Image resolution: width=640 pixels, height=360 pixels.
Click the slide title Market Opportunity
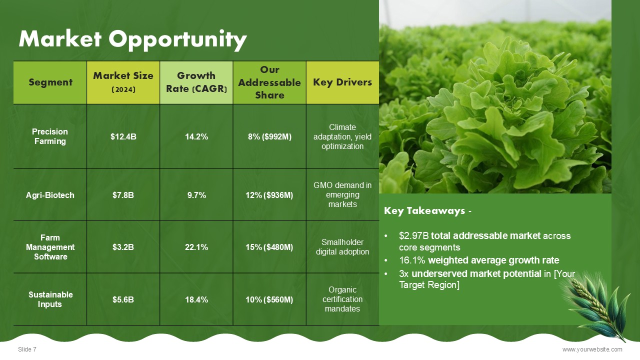(x=133, y=39)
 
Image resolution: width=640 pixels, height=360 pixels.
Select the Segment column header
(x=50, y=82)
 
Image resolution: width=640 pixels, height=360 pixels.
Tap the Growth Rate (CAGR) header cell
(x=196, y=82)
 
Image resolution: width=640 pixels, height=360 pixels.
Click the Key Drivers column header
(x=342, y=82)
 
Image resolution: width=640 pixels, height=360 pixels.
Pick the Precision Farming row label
(x=50, y=136)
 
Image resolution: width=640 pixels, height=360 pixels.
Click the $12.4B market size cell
(x=123, y=136)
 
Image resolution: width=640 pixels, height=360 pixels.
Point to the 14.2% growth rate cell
(x=196, y=136)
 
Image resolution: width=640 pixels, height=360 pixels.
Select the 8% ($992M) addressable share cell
(x=269, y=136)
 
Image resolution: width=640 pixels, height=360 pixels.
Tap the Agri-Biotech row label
(x=50, y=195)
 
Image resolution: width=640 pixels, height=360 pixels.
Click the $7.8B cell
(x=123, y=195)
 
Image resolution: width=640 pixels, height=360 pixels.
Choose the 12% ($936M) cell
(x=269, y=195)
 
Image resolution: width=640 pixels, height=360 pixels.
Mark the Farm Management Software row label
(x=50, y=247)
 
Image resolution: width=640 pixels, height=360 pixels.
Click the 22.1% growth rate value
(x=196, y=247)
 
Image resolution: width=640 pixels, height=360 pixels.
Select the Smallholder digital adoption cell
(x=342, y=247)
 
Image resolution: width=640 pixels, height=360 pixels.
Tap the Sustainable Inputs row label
(x=50, y=299)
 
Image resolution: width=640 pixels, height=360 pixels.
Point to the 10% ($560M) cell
(x=269, y=299)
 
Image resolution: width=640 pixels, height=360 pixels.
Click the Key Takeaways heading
(x=427, y=211)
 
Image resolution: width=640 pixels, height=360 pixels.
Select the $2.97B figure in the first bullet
(x=413, y=235)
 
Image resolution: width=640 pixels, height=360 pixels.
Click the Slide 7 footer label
(x=27, y=349)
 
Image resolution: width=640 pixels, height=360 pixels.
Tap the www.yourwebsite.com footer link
(x=592, y=349)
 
